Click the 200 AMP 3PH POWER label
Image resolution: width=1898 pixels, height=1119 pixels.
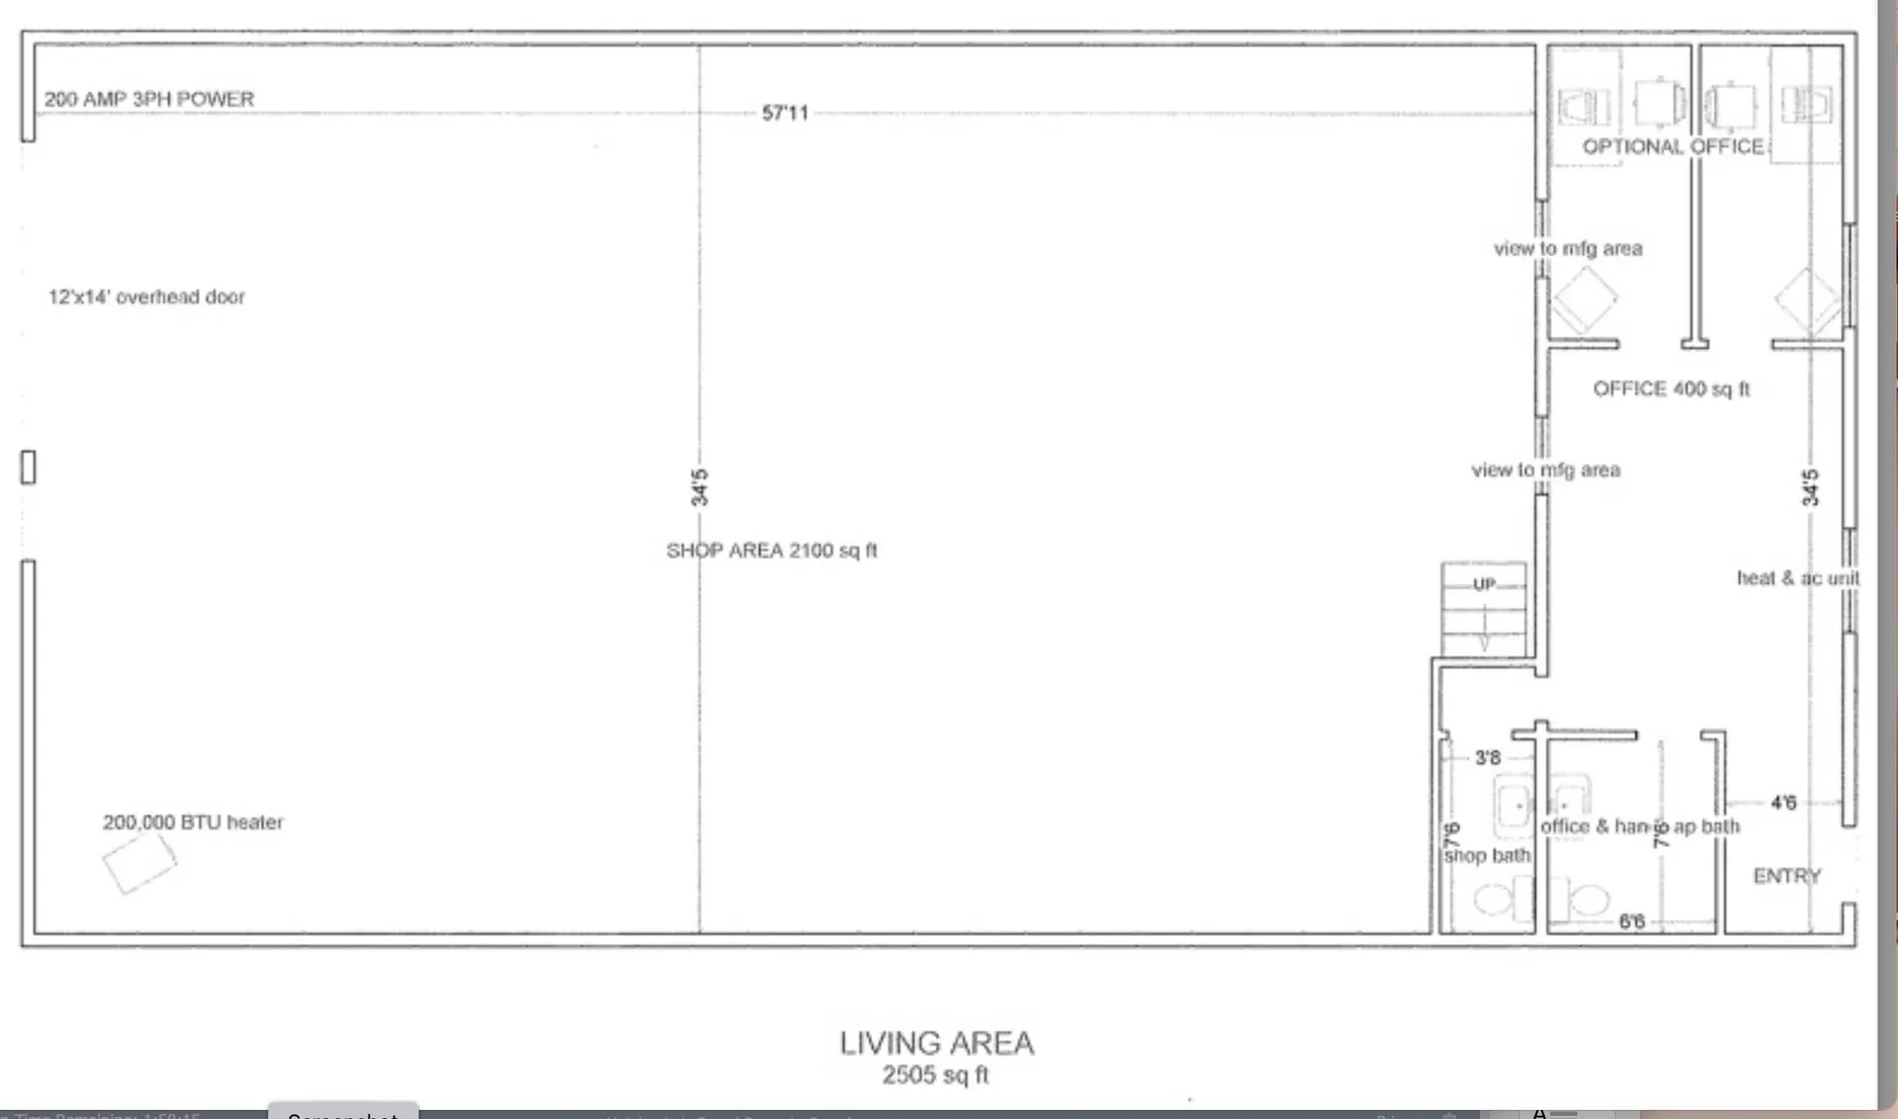pyautogui.click(x=149, y=99)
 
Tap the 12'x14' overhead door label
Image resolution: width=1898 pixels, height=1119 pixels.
pyautogui.click(x=146, y=297)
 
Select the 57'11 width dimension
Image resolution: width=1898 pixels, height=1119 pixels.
pyautogui.click(x=785, y=113)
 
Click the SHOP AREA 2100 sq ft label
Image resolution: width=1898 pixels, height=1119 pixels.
pyautogui.click(x=771, y=551)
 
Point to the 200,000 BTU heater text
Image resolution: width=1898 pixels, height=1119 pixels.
pyautogui.click(x=193, y=822)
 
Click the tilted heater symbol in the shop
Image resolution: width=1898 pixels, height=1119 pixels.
pyautogui.click(x=139, y=862)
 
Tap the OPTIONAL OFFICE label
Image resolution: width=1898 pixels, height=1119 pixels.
pyautogui.click(x=1673, y=147)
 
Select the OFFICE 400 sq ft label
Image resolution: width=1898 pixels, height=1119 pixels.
pyautogui.click(x=1671, y=389)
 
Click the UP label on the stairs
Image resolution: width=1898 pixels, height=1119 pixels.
pyautogui.click(x=1484, y=584)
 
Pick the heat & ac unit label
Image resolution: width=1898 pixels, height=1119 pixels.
pyautogui.click(x=1797, y=578)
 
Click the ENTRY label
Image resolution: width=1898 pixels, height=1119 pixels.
pyautogui.click(x=1786, y=876)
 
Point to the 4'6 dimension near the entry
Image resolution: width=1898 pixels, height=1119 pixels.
pyautogui.click(x=1783, y=803)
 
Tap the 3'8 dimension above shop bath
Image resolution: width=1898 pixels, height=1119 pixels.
pyautogui.click(x=1488, y=758)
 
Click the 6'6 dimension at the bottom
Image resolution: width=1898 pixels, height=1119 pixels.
pyautogui.click(x=1631, y=921)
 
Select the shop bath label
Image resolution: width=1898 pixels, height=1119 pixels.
pyautogui.click(x=1487, y=856)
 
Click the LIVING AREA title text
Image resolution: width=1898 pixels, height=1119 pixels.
pyautogui.click(x=936, y=1043)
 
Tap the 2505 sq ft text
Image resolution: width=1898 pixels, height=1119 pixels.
pyautogui.click(x=935, y=1076)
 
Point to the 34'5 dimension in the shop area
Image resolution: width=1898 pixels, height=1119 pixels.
pyautogui.click(x=699, y=487)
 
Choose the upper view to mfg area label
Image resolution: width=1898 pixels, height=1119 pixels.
pyautogui.click(x=1568, y=249)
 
